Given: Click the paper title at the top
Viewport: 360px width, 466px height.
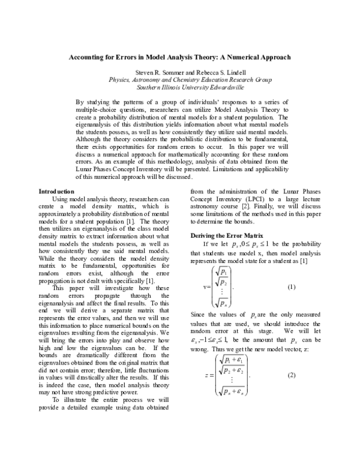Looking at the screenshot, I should tap(180, 58).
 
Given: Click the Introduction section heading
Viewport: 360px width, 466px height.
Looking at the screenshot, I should tap(64, 191).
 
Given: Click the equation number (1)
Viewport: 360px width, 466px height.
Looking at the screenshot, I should tap(292, 287).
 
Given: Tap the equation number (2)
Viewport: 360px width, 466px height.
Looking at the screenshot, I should tap(292, 375).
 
